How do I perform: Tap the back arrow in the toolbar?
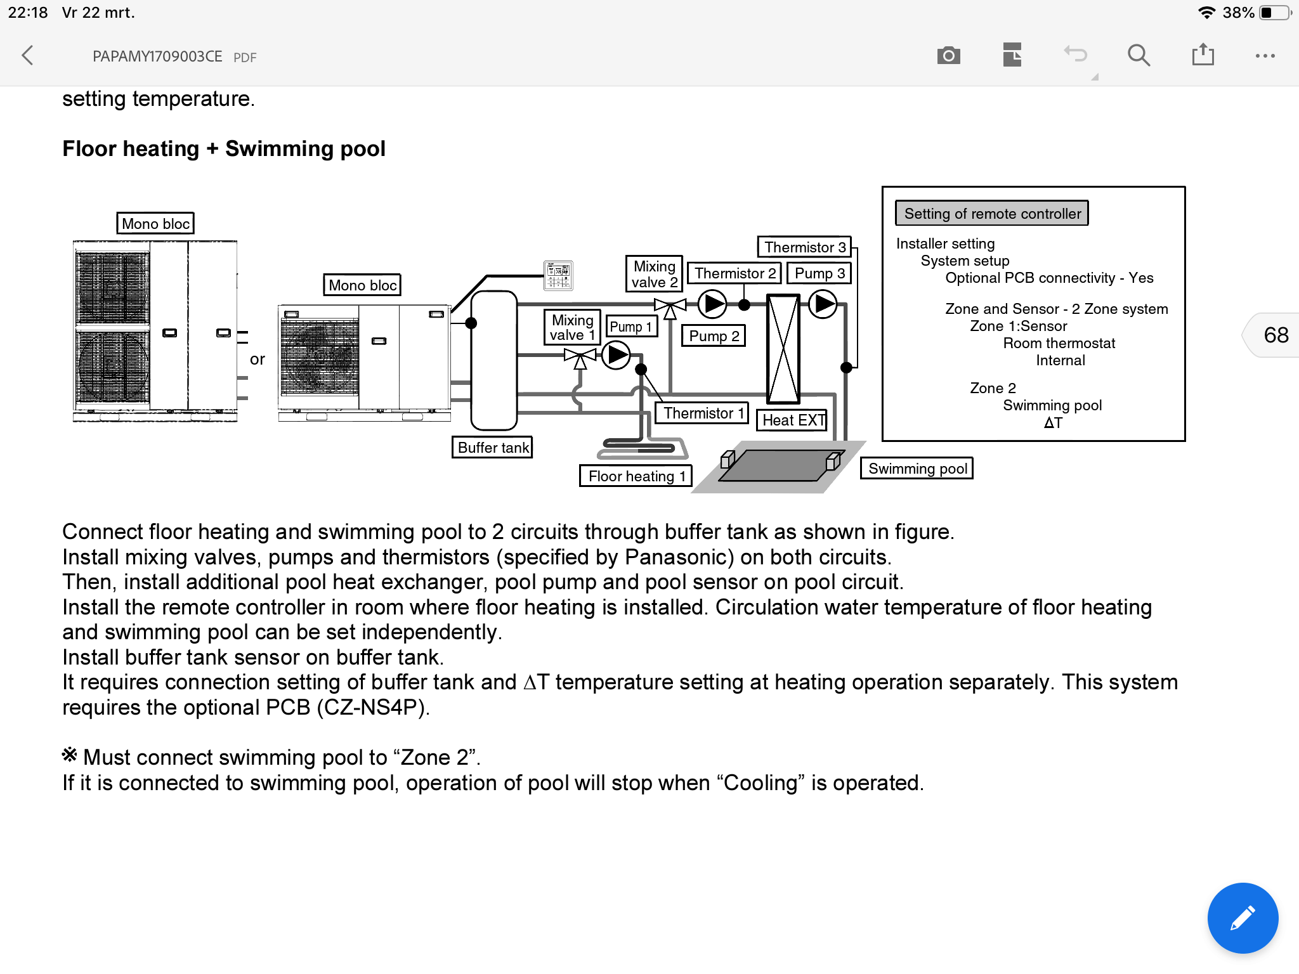point(27,56)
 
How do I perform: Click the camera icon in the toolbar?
point(948,56)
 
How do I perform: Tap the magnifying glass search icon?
point(1139,56)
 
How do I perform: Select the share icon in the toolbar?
point(1203,55)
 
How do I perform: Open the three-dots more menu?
point(1265,56)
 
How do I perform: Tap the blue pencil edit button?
point(1243,918)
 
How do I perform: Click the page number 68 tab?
point(1275,335)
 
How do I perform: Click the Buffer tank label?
point(493,448)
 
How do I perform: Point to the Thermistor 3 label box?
point(804,247)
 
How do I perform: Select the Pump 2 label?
point(714,336)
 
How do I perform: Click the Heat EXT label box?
point(793,420)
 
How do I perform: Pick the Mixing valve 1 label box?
point(571,328)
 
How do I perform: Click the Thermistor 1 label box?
point(702,413)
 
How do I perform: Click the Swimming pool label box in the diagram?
point(917,469)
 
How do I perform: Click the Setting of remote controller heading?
point(992,214)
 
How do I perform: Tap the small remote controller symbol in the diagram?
point(558,276)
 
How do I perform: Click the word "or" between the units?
point(257,360)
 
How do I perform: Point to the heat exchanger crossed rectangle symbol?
point(783,349)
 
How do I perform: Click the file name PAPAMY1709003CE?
point(157,56)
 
